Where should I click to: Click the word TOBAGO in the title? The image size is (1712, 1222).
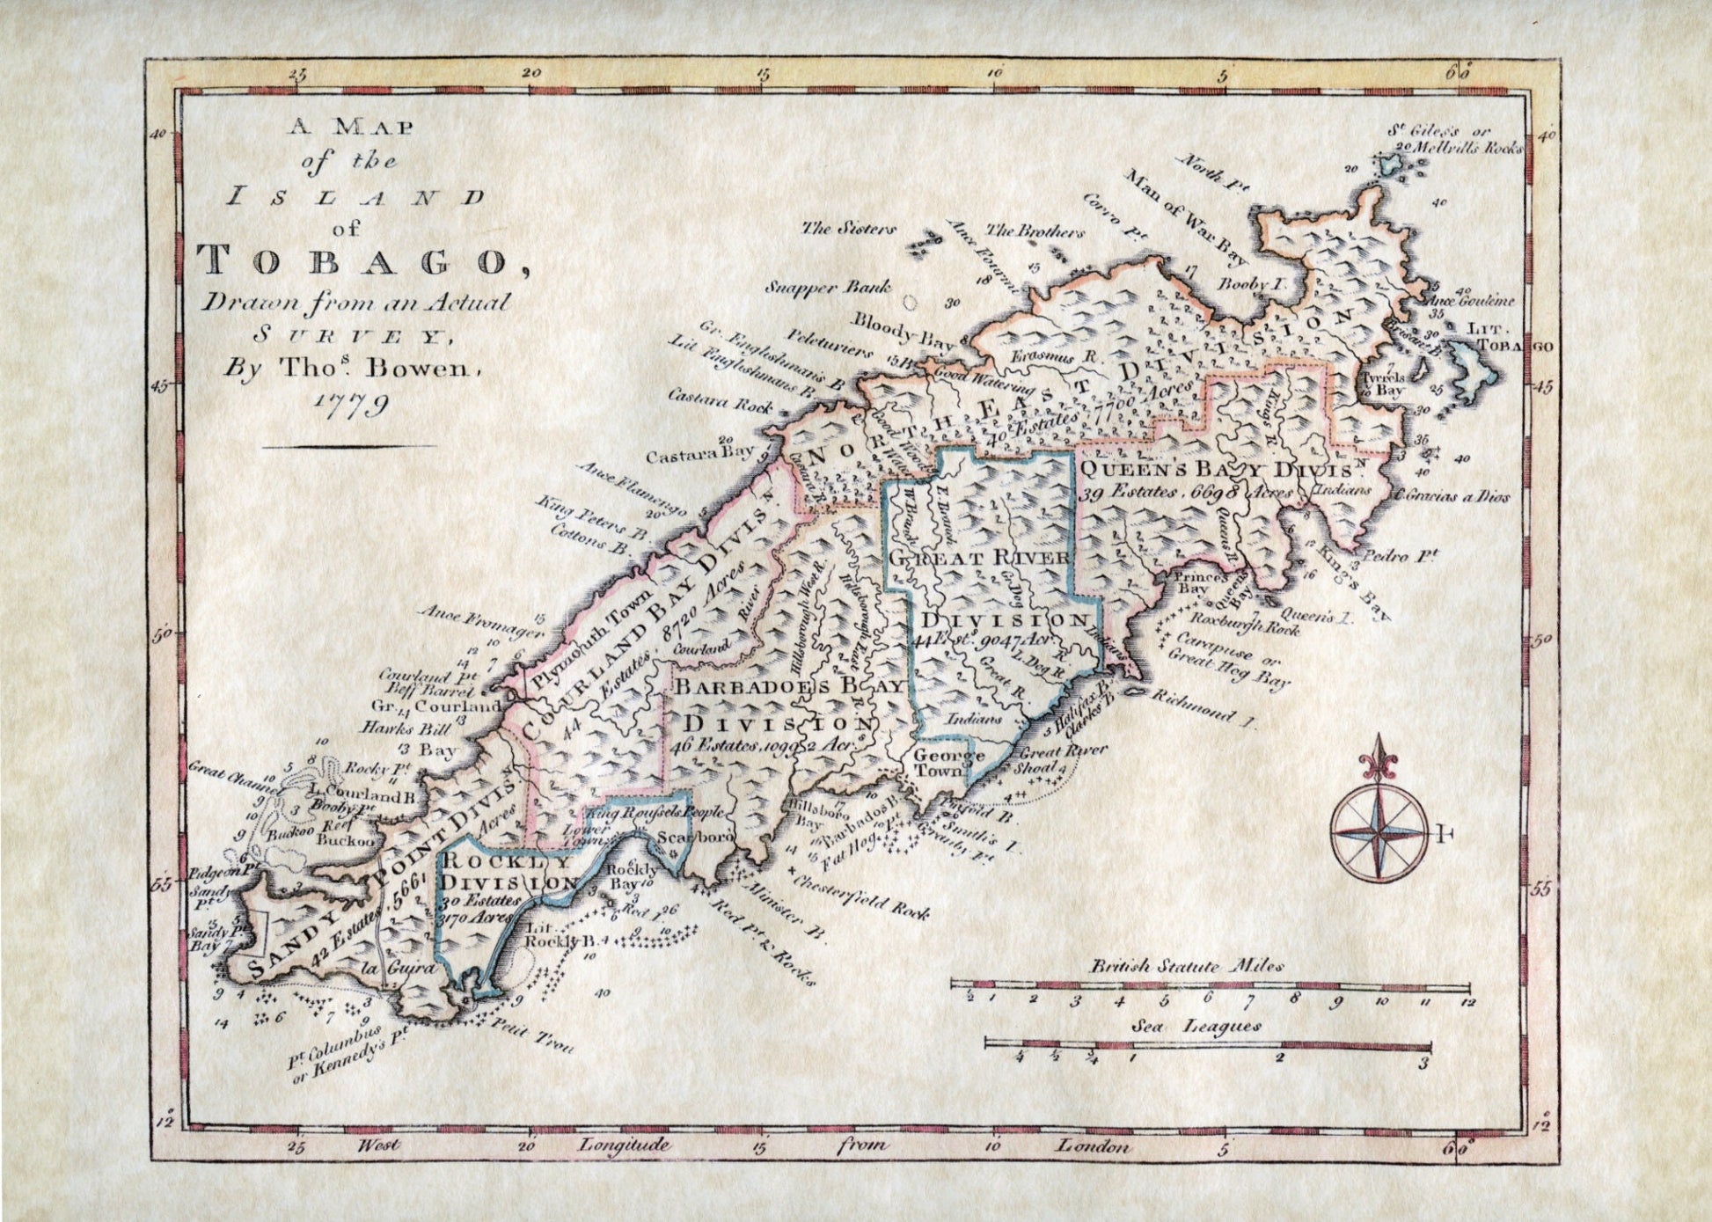click(x=352, y=261)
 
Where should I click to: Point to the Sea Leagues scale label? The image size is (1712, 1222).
click(x=1196, y=1026)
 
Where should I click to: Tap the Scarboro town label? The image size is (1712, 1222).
click(x=695, y=838)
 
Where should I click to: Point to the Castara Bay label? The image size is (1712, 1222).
click(x=700, y=457)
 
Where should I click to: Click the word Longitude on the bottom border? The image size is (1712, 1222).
click(x=624, y=1145)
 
